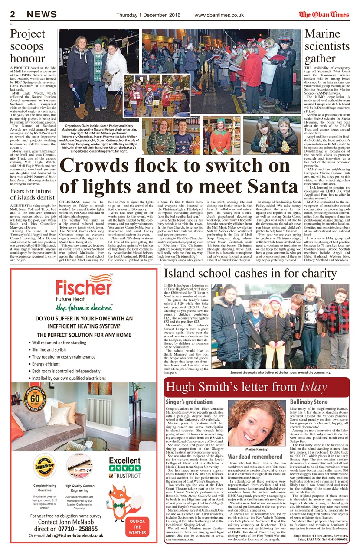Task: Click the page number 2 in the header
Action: point(13,14)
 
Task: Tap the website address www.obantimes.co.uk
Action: point(219,15)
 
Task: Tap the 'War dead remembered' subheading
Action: point(255,457)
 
